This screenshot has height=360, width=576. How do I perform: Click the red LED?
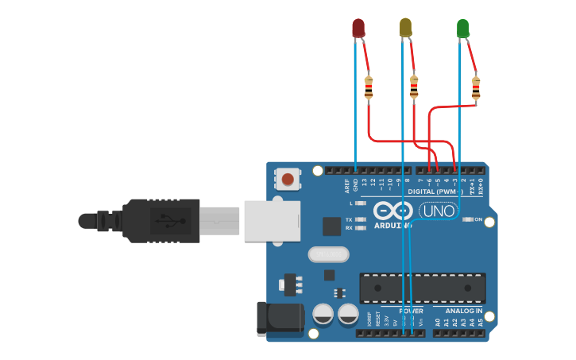coord(358,29)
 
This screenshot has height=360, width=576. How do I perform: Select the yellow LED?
coord(405,28)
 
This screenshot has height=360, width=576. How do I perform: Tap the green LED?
coord(463,29)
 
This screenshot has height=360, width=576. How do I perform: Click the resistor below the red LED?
coord(368,87)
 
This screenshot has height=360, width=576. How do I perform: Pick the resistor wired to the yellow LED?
coord(414,87)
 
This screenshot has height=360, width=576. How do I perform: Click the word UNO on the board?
coord(438,211)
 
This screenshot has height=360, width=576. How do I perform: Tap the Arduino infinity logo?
coord(392,211)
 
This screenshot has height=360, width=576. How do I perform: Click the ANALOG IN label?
coord(465,311)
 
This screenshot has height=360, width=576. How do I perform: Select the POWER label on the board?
coord(410,311)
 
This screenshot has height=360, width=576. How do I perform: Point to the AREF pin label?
coord(346,186)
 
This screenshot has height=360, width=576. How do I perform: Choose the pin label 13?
coord(364,184)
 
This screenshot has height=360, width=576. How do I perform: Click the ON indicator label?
coord(478,219)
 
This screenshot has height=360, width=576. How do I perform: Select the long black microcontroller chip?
coord(422,288)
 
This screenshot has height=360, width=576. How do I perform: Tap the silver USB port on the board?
coord(272,220)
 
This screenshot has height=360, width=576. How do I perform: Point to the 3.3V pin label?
coord(387,321)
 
